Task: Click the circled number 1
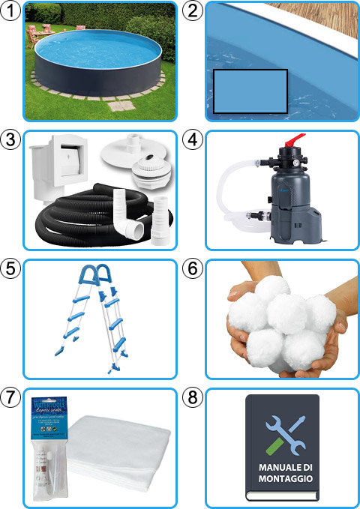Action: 11,10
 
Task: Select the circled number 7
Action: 11,397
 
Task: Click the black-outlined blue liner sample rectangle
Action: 250,91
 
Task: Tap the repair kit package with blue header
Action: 46,442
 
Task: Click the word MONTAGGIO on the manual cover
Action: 282,481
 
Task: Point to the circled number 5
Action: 11,268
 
